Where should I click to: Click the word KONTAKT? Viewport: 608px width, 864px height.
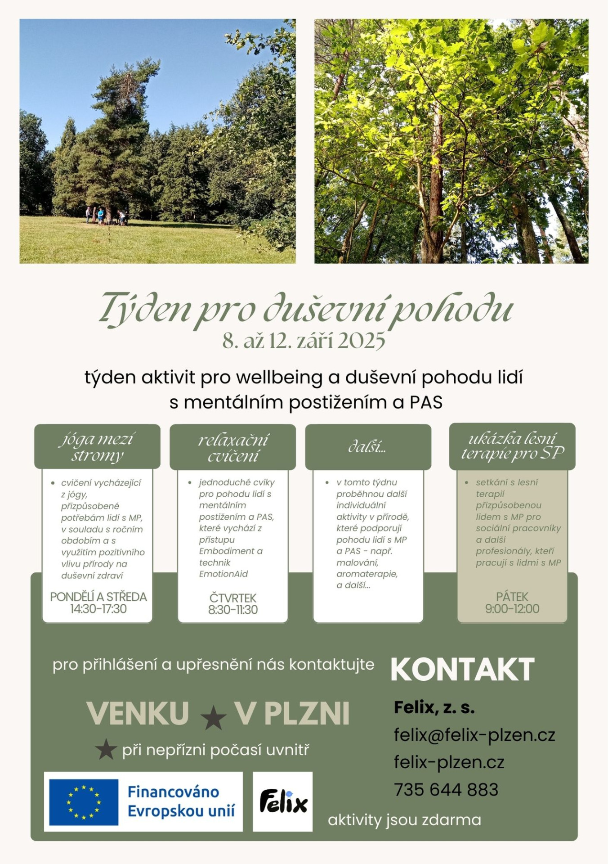[462, 670]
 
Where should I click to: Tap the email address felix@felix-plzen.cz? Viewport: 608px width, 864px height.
[474, 735]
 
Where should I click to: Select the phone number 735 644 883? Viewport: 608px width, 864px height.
[446, 790]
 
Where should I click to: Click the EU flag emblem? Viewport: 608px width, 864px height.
[84, 802]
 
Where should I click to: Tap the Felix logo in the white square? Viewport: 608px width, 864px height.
[283, 802]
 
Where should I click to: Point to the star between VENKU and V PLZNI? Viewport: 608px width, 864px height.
[213, 717]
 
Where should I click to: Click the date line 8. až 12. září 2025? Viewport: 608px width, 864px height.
[304, 341]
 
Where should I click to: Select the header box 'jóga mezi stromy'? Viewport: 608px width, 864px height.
[97, 447]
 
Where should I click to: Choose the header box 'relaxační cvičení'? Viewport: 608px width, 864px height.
[233, 447]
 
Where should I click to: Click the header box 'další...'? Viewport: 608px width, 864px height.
[368, 447]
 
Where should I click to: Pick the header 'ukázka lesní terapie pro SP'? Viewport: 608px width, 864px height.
[512, 446]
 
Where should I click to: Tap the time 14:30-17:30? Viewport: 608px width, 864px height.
[98, 609]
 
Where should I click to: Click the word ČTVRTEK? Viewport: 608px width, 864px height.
[233, 598]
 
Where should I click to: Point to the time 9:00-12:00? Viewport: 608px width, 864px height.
[512, 609]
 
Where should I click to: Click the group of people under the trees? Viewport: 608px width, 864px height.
[106, 216]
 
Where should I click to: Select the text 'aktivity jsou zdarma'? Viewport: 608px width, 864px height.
[404, 820]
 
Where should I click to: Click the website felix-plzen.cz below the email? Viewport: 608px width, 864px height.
[449, 762]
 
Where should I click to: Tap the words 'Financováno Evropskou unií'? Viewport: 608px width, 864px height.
[181, 801]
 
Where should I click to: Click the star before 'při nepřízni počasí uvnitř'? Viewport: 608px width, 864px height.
[106, 749]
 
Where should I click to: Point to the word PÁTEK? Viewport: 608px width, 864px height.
[512, 597]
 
